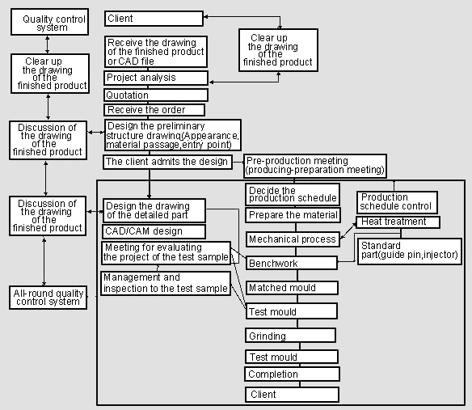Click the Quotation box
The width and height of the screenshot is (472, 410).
point(156,95)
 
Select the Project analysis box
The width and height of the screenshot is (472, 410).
point(156,78)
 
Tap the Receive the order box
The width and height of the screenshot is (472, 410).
point(154,110)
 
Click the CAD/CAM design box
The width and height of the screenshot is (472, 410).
point(154,231)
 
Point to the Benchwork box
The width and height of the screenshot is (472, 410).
point(292,263)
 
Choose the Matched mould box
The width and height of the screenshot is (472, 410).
point(292,288)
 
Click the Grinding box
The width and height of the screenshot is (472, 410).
point(290,336)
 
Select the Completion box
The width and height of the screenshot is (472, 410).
point(293,374)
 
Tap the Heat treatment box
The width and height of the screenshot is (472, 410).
point(398,222)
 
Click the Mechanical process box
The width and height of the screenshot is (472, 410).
point(293,239)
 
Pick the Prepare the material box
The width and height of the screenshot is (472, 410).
point(293,215)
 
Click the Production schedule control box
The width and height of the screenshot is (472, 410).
point(397,202)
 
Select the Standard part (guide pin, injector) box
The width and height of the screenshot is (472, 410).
point(410,251)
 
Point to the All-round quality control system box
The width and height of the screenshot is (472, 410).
point(48,298)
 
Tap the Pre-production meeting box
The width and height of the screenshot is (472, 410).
point(315,166)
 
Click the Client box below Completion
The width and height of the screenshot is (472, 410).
point(293,395)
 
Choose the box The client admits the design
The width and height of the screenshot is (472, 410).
point(167,162)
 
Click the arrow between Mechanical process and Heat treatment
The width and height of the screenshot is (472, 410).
point(348,230)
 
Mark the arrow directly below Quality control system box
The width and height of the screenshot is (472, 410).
point(47,44)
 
